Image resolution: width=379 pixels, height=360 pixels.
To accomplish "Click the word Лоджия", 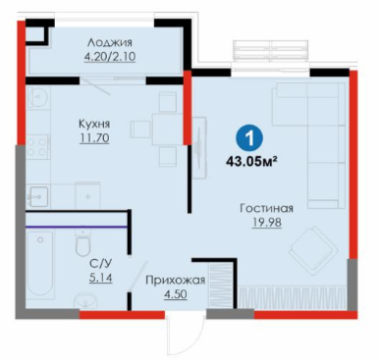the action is point(110,43).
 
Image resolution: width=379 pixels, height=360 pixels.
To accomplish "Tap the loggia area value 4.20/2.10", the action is point(110,57).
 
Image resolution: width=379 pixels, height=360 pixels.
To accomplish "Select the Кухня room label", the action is point(94,124).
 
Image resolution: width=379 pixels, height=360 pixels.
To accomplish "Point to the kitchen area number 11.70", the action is point(94,138).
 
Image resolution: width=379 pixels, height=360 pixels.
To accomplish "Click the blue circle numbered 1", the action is point(250,138).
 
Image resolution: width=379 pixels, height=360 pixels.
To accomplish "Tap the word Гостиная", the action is point(266,208).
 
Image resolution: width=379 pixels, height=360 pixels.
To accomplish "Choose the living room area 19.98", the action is point(267,223).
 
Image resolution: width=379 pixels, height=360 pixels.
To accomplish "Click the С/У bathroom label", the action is point(101,263).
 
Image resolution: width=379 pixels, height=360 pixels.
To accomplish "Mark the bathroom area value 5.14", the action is point(101,278).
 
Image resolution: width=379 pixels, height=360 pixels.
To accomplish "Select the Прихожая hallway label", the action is point(176,281).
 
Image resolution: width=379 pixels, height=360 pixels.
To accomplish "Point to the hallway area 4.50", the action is point(176,294).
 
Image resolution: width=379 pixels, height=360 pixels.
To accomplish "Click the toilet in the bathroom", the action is point(83,242).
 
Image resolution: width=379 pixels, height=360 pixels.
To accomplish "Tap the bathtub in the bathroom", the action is point(40,264).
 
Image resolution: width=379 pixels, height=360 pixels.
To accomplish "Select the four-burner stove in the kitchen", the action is point(38,147).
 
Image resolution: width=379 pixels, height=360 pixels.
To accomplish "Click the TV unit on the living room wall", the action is point(199,148).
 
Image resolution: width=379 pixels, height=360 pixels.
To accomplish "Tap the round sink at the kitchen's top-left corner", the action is point(39,96).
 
